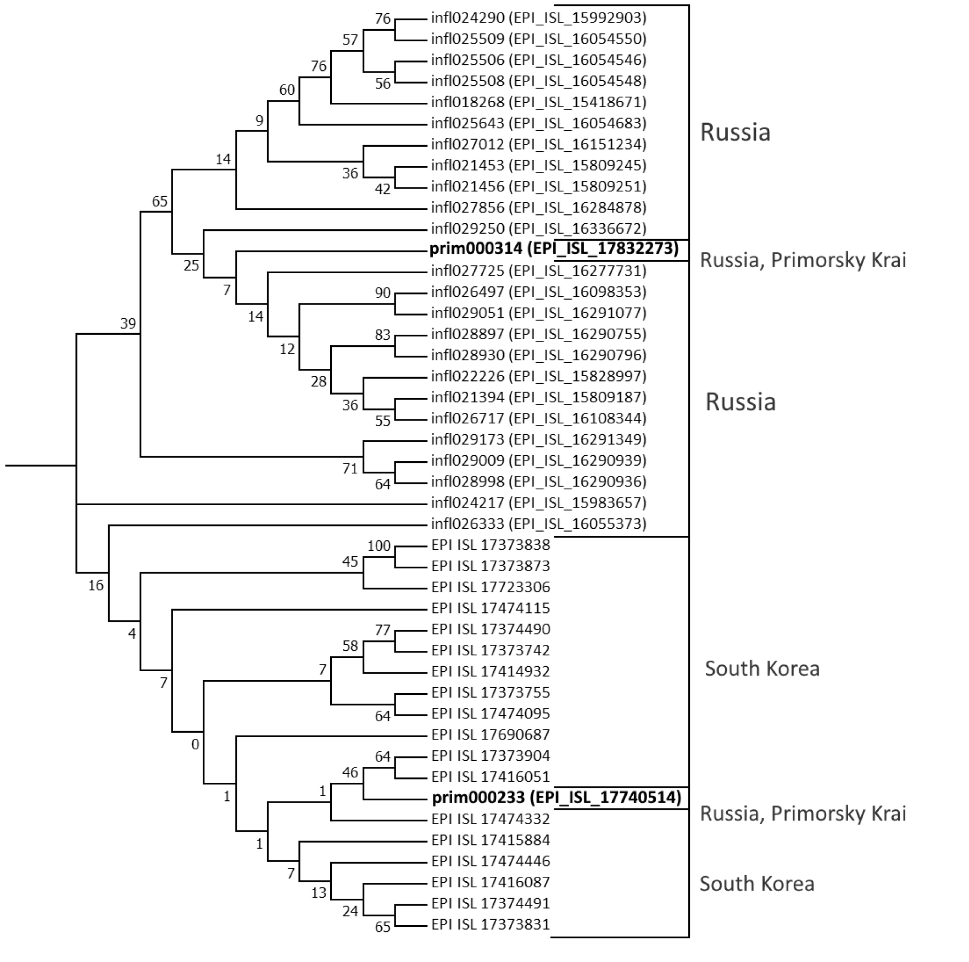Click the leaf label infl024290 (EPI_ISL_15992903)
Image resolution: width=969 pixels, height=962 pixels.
[x=538, y=18]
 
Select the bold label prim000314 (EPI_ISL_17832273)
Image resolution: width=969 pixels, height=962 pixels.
[x=554, y=249]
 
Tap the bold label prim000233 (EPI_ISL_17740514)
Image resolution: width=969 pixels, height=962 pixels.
[x=556, y=797]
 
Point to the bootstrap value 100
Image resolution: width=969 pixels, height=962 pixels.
[x=378, y=546]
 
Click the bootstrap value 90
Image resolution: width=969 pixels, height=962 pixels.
[x=382, y=292]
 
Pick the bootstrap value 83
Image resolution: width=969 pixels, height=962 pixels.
[x=382, y=335]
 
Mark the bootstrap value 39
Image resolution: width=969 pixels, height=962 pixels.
[x=128, y=323]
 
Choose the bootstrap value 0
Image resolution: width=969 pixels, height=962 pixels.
[x=195, y=745]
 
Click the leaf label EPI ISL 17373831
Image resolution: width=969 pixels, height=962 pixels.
[x=490, y=924]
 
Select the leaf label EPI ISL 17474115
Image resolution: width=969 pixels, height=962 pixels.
[x=490, y=608]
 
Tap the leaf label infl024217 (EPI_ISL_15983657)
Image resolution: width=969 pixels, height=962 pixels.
[x=538, y=502]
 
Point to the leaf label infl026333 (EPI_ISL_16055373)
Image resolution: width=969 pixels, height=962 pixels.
[x=538, y=523]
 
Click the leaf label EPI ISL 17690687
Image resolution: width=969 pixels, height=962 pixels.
[x=490, y=734]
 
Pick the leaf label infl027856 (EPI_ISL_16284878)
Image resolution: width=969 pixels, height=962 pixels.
[x=538, y=207]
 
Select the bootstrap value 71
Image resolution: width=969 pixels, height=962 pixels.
[x=350, y=468]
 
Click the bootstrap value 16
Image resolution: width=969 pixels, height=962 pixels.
[x=96, y=585]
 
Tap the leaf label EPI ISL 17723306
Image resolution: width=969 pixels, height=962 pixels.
[x=490, y=587]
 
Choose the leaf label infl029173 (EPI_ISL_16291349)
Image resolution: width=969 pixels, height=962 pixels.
[x=538, y=439]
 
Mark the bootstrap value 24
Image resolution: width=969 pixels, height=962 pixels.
[x=350, y=911]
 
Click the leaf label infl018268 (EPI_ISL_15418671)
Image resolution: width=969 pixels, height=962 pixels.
[x=538, y=102]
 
